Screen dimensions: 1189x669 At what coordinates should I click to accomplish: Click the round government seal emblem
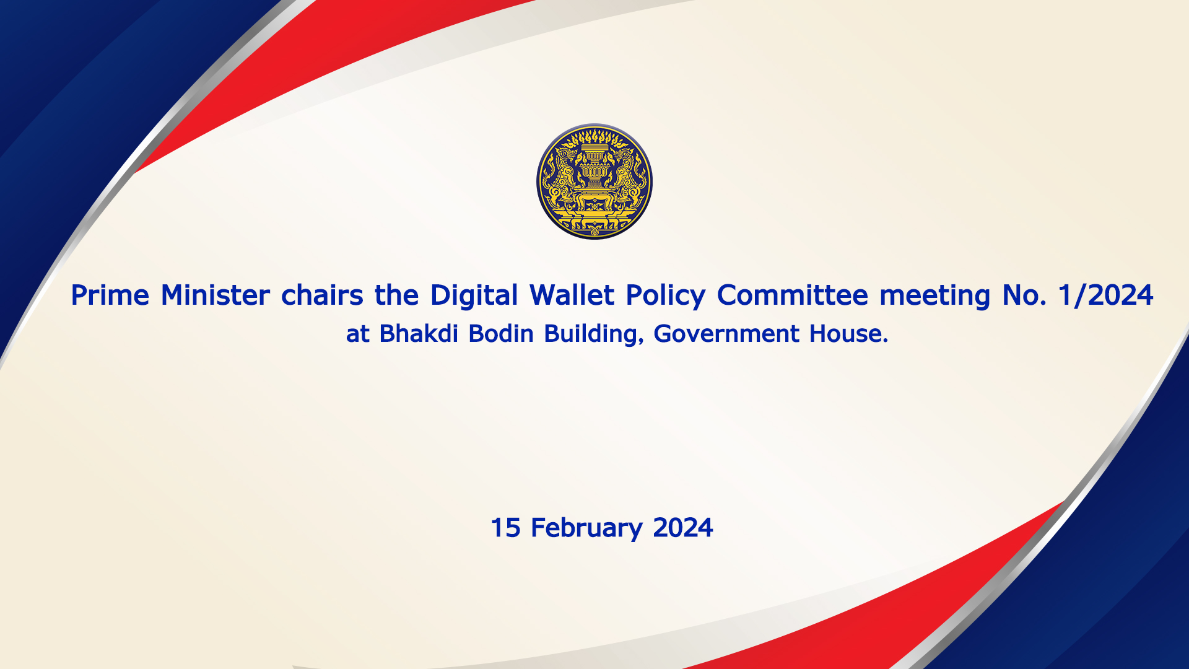click(x=594, y=181)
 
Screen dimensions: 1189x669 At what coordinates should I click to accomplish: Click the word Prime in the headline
click(x=110, y=295)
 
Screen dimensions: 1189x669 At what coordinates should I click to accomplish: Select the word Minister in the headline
click(x=216, y=295)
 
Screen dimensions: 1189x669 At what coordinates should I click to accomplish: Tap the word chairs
click(x=322, y=295)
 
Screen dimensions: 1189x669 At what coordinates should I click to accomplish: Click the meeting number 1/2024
click(x=1106, y=296)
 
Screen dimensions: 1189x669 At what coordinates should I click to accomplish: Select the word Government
click(x=726, y=334)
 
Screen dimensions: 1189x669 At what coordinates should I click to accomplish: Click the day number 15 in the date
click(x=505, y=528)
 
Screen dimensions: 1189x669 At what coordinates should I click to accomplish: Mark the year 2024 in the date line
click(x=683, y=528)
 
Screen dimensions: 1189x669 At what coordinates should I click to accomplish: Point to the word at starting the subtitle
click(x=358, y=335)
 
